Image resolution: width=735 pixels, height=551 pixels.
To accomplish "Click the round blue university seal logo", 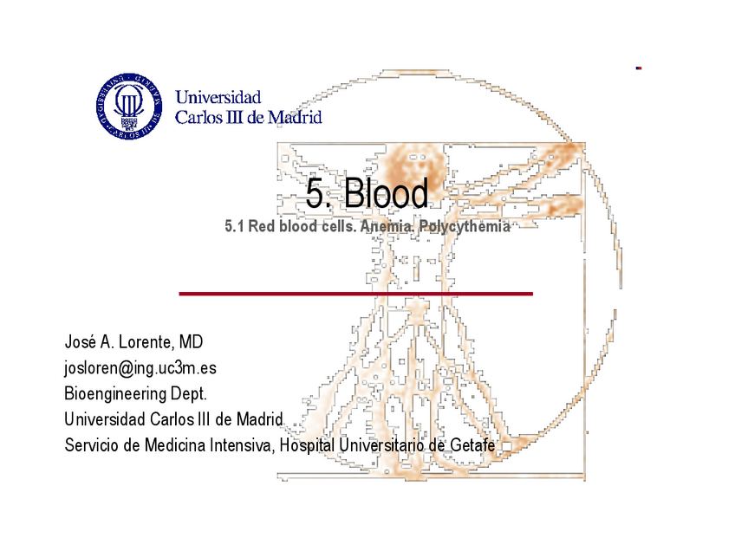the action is (x=129, y=106).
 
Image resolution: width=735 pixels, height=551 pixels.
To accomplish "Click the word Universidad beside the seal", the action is (x=218, y=97).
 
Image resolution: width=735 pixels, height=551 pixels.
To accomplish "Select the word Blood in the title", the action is (x=386, y=194).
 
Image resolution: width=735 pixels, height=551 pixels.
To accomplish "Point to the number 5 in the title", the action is (x=316, y=194).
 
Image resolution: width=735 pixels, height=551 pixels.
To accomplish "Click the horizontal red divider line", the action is (x=355, y=294).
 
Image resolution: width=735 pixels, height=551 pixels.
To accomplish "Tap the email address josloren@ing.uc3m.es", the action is (x=140, y=368).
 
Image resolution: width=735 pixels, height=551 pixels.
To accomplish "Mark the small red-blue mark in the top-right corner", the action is (x=639, y=68).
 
